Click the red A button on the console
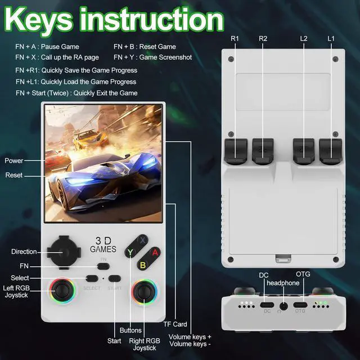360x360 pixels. click(x=155, y=252)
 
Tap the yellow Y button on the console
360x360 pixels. click(x=130, y=252)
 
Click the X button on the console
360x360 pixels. click(x=143, y=240)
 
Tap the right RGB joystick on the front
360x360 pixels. click(x=145, y=292)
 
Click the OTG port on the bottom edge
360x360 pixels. click(x=301, y=307)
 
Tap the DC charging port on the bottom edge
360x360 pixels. click(x=267, y=307)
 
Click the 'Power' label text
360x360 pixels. click(x=14, y=161)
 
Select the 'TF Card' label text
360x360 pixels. click(x=175, y=324)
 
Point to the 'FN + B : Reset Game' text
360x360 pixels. click(x=145, y=47)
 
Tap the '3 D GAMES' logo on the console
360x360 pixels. click(x=103, y=244)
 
